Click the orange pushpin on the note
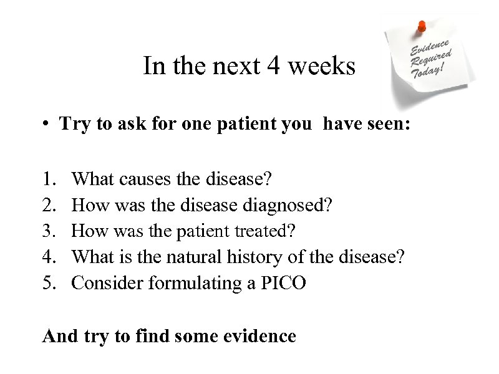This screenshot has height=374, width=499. click(x=422, y=26)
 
